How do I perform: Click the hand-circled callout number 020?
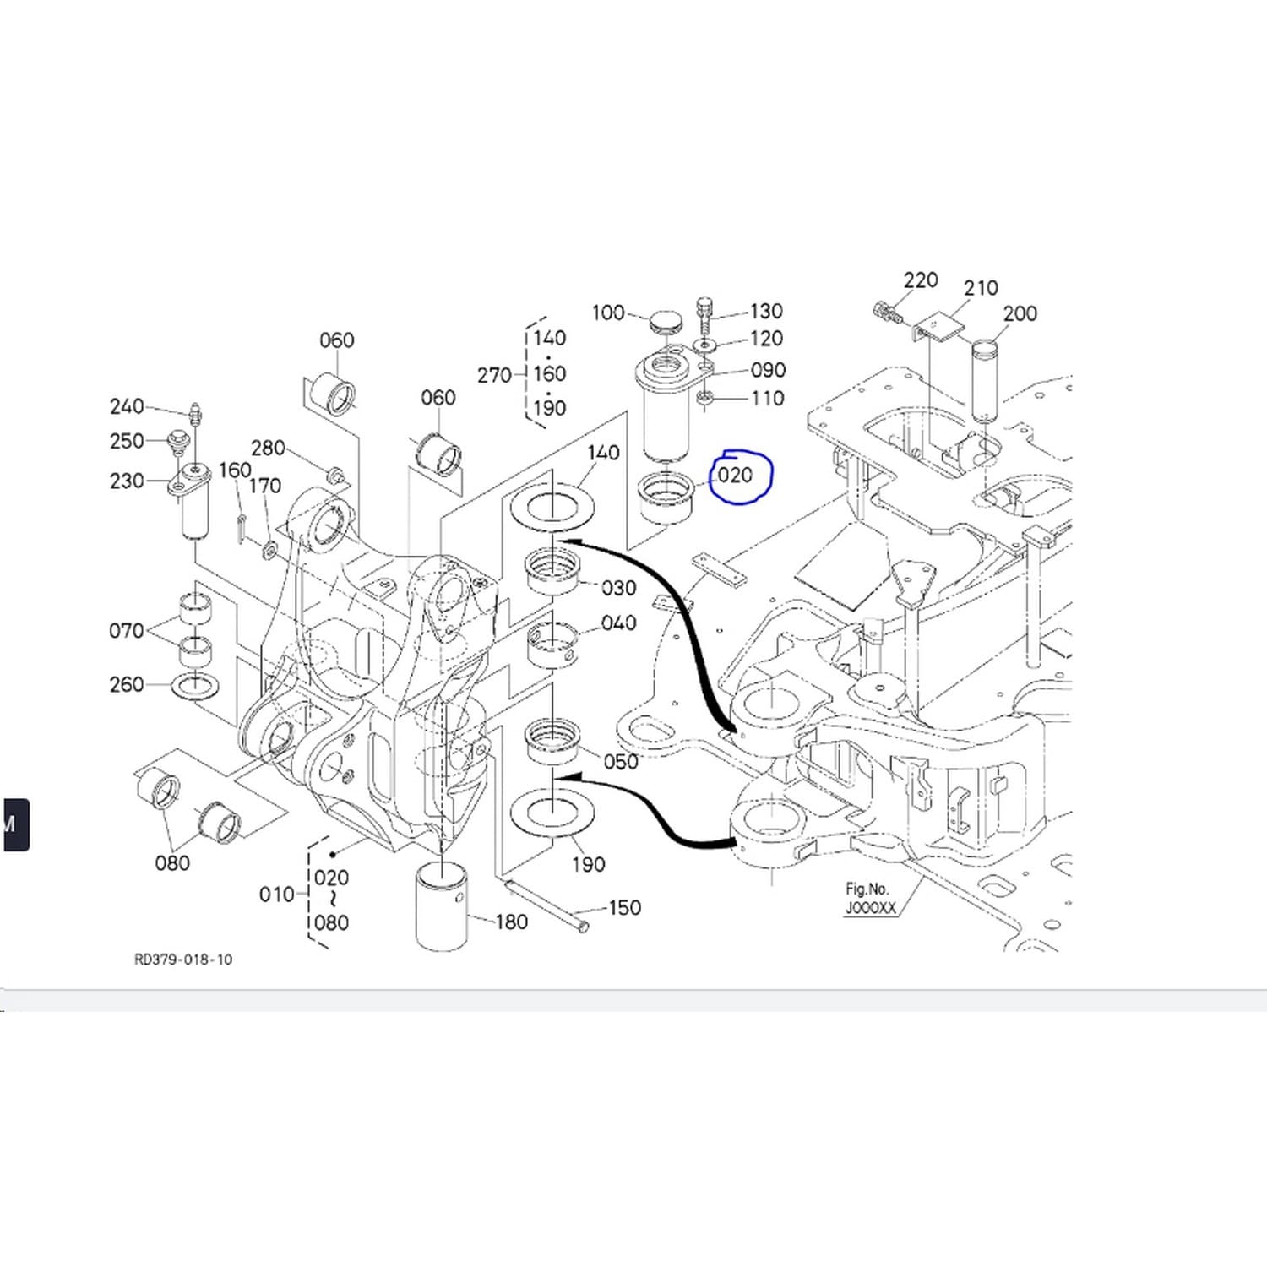(735, 476)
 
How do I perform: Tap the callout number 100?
(608, 313)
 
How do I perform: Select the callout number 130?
(766, 312)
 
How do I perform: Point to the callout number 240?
(127, 406)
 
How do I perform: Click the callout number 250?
(127, 441)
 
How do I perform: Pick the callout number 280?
(268, 448)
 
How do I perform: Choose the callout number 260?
(127, 684)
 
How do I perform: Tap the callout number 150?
(624, 908)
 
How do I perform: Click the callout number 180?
(511, 922)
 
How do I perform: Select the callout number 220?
(921, 280)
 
